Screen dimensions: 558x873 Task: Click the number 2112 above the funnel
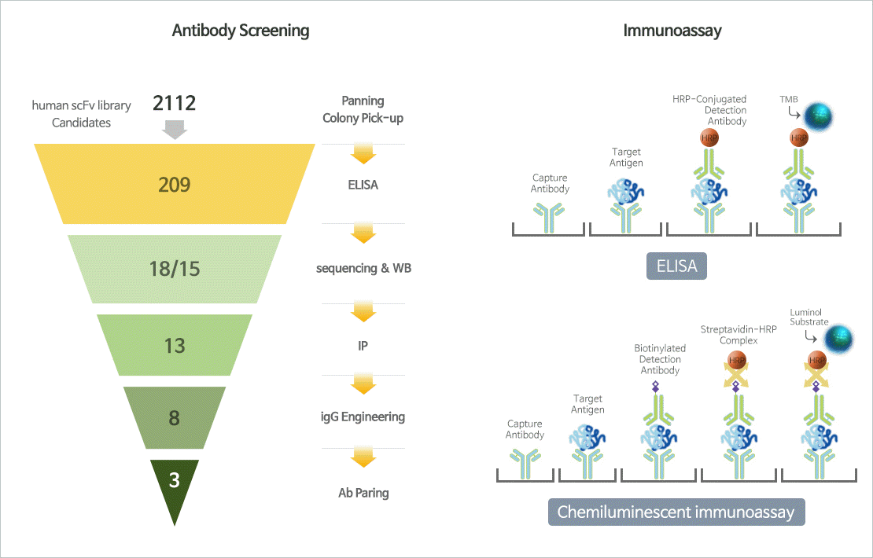(174, 103)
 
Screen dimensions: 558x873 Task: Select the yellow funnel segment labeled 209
(174, 185)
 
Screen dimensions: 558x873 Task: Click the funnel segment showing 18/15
(174, 269)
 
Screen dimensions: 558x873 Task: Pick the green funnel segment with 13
(174, 344)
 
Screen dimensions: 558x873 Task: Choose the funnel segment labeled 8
(174, 417)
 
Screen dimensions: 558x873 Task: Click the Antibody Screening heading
(241, 31)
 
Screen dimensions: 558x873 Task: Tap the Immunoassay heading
(672, 31)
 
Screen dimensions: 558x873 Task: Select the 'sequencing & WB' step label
(363, 268)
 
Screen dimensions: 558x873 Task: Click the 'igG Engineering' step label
(363, 417)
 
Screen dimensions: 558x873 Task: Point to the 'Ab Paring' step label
(363, 493)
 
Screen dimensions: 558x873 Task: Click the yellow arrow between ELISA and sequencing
(363, 233)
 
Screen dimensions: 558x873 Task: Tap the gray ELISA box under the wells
(676, 266)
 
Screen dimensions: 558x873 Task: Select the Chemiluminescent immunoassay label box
(676, 512)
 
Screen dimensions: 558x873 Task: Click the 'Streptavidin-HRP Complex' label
(739, 335)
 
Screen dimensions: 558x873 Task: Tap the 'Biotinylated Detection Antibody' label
(660, 359)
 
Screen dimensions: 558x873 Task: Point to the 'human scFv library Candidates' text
(81, 113)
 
